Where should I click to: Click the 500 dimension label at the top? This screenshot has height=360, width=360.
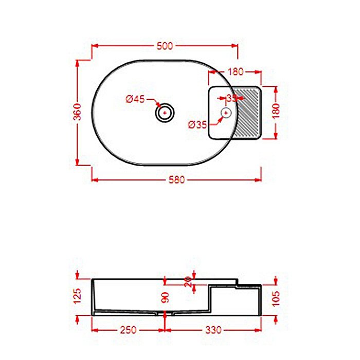pyautogui.click(x=164, y=46)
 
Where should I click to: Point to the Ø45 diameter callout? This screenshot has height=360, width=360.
pyautogui.click(x=135, y=99)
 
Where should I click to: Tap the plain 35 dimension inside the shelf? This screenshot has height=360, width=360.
pyautogui.click(x=231, y=97)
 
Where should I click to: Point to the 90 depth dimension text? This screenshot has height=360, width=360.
pyautogui.click(x=165, y=298)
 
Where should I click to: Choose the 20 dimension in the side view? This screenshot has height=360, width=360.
pyautogui.click(x=189, y=280)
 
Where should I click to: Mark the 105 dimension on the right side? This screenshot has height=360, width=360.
pyautogui.click(x=276, y=297)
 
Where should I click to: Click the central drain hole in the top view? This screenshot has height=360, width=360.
pyautogui.click(x=165, y=112)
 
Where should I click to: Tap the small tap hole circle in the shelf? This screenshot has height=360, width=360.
pyautogui.click(x=225, y=112)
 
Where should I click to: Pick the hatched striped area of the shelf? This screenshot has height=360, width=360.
pyautogui.click(x=247, y=113)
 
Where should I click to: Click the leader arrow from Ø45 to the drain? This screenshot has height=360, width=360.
pyautogui.click(x=153, y=103)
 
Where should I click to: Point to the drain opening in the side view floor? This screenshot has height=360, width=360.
pyautogui.click(x=165, y=312)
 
